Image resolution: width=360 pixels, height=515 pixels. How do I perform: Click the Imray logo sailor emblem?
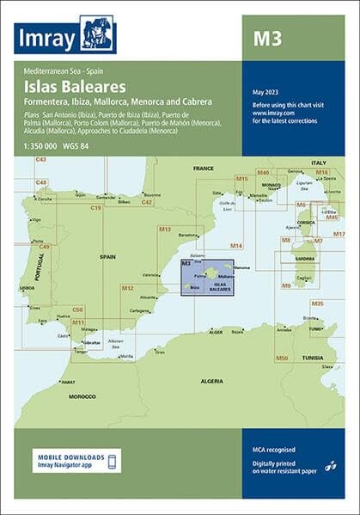97,34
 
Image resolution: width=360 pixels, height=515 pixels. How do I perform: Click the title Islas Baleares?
78,87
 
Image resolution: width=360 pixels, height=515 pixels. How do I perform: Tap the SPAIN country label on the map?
109,257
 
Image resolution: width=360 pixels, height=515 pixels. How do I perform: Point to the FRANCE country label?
203,169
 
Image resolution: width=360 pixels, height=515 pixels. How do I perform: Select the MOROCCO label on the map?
82,396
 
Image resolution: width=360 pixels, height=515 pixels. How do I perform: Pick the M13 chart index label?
164,229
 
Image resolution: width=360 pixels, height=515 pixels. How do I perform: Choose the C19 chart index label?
95,208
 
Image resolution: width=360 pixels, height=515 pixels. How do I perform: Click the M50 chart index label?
281,357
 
